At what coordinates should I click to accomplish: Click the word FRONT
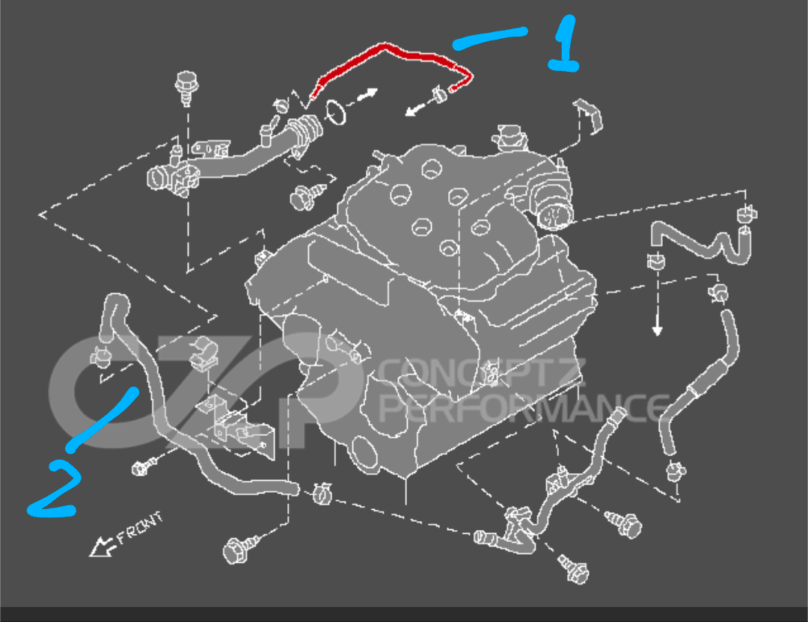[x=139, y=529]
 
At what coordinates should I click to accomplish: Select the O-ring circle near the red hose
[x=337, y=112]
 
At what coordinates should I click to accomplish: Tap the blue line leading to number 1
[x=490, y=38]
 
